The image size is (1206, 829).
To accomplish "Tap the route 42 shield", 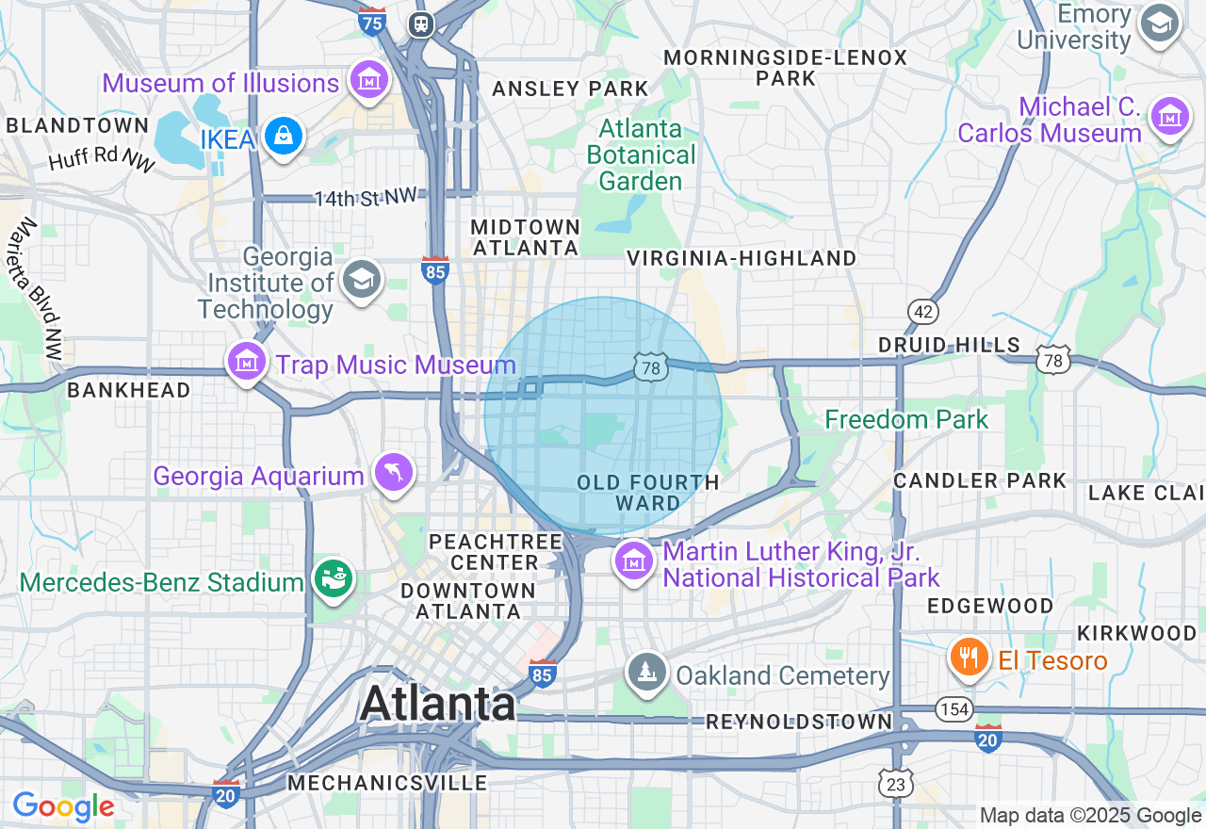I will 921,312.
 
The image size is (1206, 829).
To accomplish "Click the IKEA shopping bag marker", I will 283,137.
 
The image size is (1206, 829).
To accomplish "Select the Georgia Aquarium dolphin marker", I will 394,473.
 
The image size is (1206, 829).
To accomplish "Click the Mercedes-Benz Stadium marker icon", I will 333,579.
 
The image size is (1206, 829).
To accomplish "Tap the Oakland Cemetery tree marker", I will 647,673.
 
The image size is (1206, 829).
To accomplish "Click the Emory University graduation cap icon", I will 1159,24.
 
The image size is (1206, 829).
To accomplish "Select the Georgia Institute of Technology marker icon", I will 361,280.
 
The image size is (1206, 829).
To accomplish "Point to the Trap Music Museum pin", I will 247,362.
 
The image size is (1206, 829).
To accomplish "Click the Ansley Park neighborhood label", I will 570,89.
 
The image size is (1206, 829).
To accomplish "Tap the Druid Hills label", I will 949,346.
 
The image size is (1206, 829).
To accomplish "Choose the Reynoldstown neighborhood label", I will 799,723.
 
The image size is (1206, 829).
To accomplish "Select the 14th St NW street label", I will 365,197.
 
